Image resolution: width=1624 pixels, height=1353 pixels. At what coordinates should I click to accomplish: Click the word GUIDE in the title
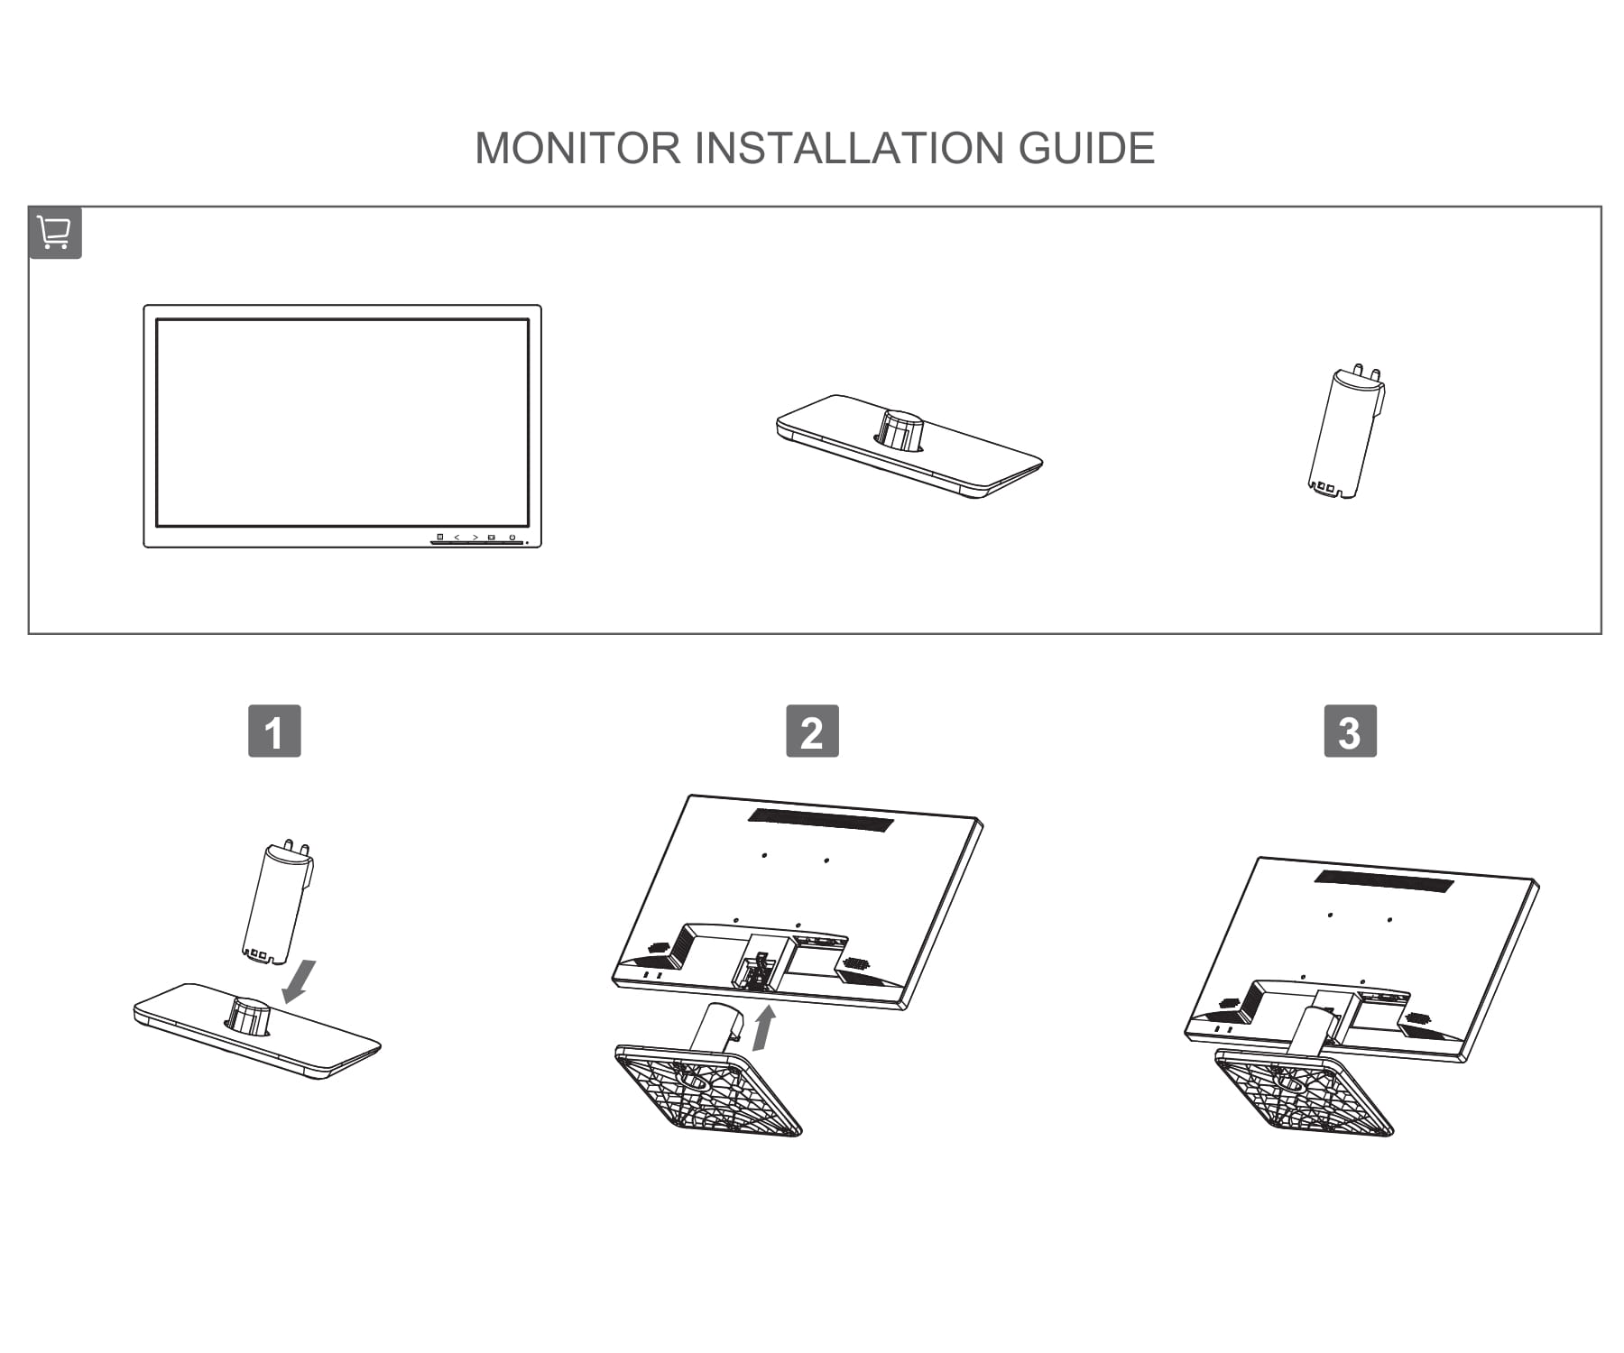pos(1086,148)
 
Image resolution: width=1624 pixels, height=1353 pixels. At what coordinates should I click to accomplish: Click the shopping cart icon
pos(55,233)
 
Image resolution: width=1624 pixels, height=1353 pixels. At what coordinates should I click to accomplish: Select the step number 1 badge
pos(274,732)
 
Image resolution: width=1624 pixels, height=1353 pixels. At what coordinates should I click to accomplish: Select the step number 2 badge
pos(812,732)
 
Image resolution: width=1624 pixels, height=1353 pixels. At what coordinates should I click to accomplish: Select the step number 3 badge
pos(1350,732)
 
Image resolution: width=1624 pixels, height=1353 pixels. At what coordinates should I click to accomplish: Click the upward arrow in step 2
pos(763,1029)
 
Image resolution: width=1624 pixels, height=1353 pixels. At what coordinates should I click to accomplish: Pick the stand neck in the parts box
pos(1347,433)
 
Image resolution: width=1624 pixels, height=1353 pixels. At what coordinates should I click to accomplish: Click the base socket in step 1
pos(248,1016)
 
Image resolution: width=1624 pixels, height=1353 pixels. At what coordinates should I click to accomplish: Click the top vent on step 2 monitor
pos(820,820)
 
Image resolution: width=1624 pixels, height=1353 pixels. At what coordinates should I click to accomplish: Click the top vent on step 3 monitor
pos(1384,880)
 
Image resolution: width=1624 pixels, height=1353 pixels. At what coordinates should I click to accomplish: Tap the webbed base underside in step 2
pos(708,1091)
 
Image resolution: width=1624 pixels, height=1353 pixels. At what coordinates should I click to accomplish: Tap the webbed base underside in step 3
pos(1305,1096)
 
